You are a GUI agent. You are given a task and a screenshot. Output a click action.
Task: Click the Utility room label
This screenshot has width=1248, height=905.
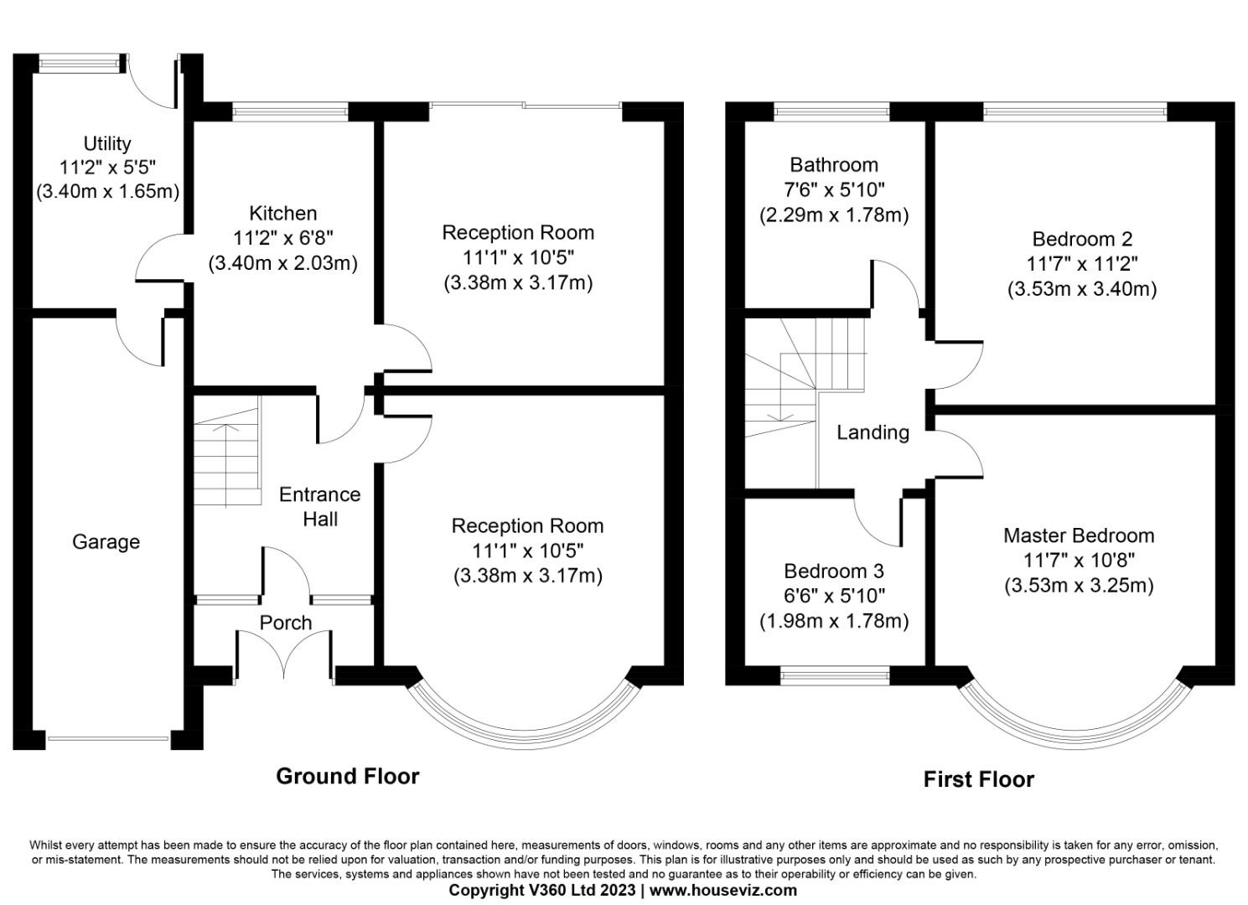pyautogui.click(x=106, y=143)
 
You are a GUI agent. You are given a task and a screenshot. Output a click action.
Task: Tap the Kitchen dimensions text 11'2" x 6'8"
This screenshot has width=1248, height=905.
pyautogui.click(x=283, y=238)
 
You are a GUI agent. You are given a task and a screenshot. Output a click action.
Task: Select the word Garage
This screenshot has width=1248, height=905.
pyautogui.click(x=106, y=542)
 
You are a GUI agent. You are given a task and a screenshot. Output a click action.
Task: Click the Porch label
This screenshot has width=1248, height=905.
pyautogui.click(x=285, y=623)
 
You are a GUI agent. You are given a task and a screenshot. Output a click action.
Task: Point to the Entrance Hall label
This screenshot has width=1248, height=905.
pyautogui.click(x=319, y=506)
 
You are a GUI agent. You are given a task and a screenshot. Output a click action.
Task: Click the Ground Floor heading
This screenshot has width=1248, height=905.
pyautogui.click(x=347, y=777)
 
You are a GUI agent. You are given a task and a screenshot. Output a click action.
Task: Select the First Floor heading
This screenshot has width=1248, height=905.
pyautogui.click(x=978, y=780)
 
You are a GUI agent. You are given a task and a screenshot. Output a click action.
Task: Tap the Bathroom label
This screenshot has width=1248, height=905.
pyautogui.click(x=833, y=164)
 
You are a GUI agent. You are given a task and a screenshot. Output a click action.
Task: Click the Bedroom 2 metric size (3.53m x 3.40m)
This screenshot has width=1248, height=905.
pyautogui.click(x=1081, y=289)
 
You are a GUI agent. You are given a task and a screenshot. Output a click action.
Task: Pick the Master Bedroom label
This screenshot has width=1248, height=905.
pyautogui.click(x=1078, y=535)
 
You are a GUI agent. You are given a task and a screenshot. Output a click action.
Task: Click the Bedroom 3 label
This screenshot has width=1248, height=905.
pyautogui.click(x=833, y=571)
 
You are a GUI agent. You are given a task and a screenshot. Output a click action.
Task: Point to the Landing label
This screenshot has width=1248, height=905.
pyautogui.click(x=873, y=432)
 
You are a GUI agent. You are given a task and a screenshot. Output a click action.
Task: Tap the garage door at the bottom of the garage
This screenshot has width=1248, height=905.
pyautogui.click(x=108, y=738)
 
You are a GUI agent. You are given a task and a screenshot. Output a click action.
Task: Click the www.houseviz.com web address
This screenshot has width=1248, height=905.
pyautogui.click(x=722, y=891)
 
